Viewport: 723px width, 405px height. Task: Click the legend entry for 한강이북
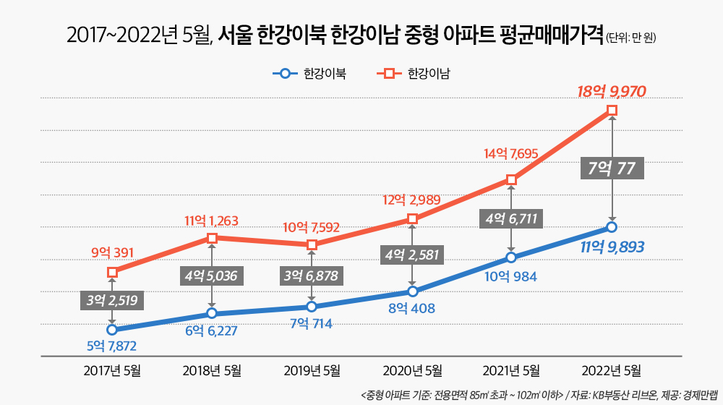point(309,73)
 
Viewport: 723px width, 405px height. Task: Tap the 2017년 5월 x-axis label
point(112,371)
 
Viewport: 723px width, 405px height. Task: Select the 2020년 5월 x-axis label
point(412,371)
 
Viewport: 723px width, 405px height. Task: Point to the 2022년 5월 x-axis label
point(612,371)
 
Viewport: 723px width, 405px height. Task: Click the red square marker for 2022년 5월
point(612,110)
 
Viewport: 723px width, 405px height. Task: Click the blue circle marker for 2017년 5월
point(112,330)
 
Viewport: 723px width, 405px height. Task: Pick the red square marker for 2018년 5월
point(212,238)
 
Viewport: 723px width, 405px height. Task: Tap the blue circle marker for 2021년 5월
point(512,257)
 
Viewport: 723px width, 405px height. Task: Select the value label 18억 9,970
point(611,91)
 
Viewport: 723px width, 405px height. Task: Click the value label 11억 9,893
point(612,247)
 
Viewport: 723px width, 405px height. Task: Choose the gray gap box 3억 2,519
point(112,301)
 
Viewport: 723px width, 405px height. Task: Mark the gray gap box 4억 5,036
point(212,276)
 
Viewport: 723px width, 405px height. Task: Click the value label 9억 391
point(112,253)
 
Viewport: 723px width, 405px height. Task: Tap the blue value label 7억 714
point(311,324)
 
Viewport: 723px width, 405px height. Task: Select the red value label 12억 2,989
point(412,200)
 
